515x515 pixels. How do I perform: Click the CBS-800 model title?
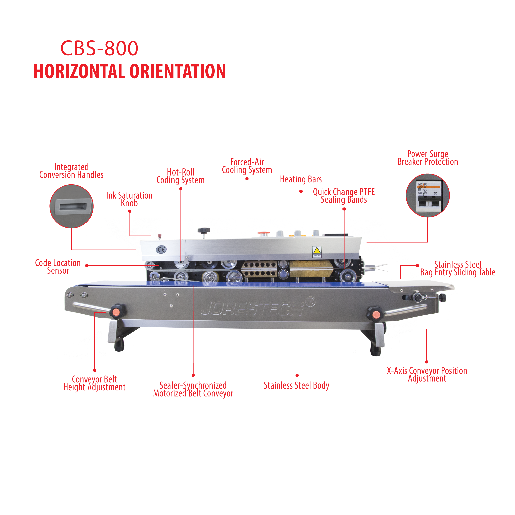(99, 48)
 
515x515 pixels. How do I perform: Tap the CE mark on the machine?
(161, 250)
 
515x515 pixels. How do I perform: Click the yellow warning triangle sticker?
(317, 251)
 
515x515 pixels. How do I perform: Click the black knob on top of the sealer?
(204, 230)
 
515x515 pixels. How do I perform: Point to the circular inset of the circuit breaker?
(427, 195)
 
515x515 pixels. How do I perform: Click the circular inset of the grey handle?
(71, 206)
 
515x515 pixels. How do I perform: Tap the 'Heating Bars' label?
(301, 179)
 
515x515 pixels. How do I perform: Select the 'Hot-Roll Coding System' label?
(181, 176)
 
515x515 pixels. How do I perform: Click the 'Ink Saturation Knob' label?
(129, 199)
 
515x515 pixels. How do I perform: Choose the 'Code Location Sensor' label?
(58, 267)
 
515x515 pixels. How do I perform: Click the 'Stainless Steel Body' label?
(296, 385)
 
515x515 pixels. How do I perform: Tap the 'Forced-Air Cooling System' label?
(247, 166)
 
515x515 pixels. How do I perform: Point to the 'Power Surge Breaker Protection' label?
(427, 158)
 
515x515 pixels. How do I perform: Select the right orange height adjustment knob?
(375, 314)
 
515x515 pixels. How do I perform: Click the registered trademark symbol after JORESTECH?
(310, 302)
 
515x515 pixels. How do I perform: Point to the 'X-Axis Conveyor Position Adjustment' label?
(427, 374)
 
